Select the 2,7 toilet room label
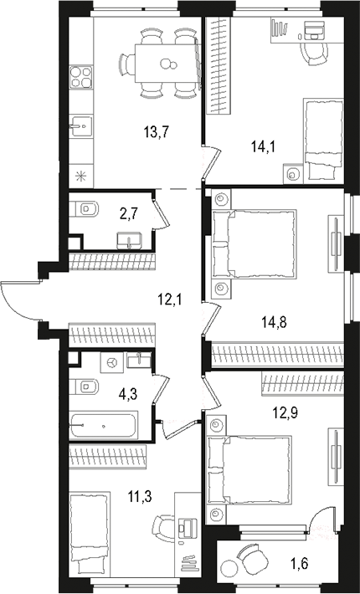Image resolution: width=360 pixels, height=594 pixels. (129, 213)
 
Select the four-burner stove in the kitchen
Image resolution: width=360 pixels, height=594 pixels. (80, 79)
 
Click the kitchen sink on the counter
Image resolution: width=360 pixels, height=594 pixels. (81, 128)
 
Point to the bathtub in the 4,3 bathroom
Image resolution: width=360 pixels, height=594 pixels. (103, 427)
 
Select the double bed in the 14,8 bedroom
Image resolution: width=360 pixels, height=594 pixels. (255, 243)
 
